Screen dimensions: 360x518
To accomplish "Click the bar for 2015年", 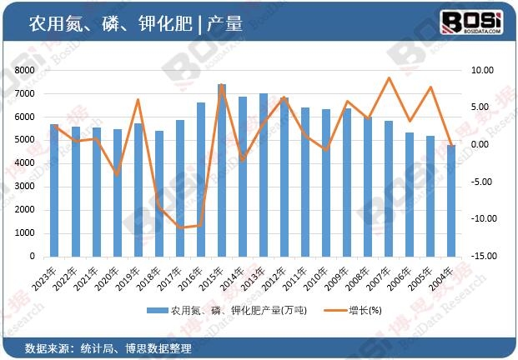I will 222,170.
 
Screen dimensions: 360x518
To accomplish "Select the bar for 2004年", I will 451,201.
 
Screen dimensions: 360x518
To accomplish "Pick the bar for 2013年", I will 264,175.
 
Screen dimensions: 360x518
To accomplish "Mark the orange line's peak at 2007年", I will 389,78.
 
